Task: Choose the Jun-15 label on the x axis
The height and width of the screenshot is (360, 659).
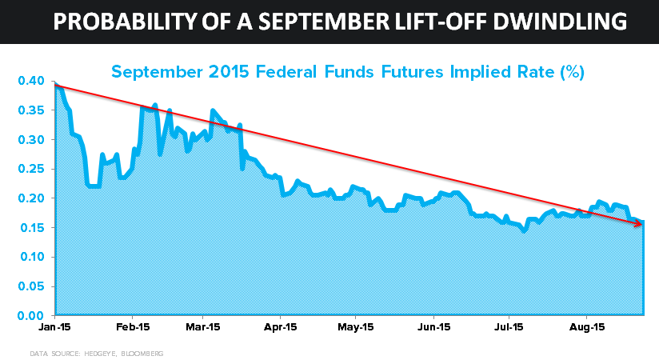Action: tap(433, 327)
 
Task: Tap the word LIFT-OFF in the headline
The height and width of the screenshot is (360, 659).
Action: tap(439, 22)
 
